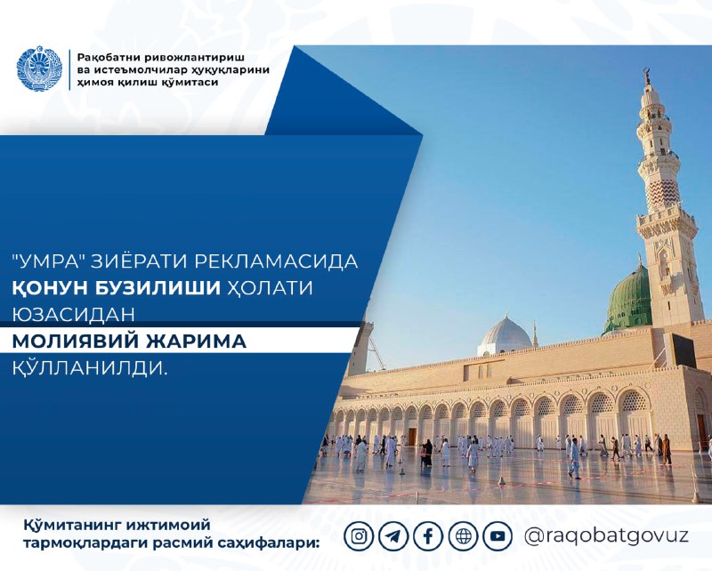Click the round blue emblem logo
point(38,69)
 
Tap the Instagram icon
point(359,536)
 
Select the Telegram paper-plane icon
point(393,536)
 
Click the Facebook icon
point(428,536)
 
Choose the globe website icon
point(463,536)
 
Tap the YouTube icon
point(498,536)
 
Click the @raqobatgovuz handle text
point(606,536)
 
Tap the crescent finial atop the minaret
point(645,75)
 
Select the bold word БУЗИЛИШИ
point(158,288)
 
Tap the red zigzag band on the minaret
point(662,193)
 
